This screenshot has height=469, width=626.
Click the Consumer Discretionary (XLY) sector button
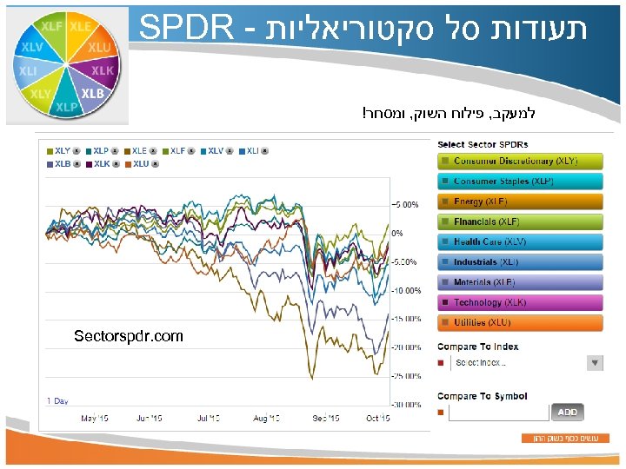pyautogui.click(x=519, y=162)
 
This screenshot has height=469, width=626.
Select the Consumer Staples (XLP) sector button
pyautogui.click(x=519, y=182)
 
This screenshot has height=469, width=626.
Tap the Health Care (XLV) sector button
pyautogui.click(x=519, y=242)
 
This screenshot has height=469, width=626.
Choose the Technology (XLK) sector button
pyautogui.click(x=519, y=303)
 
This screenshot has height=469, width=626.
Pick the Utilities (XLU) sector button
pyautogui.click(x=519, y=323)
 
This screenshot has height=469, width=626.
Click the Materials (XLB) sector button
pyautogui.click(x=519, y=282)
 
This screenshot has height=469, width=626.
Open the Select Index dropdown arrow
pyautogui.click(x=595, y=363)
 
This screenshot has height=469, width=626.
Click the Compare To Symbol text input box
pyautogui.click(x=498, y=413)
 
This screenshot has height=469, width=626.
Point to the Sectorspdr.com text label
pyautogui.click(x=129, y=336)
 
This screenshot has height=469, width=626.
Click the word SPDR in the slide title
pyautogui.click(x=187, y=28)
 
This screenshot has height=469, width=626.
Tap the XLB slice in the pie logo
pyautogui.click(x=92, y=93)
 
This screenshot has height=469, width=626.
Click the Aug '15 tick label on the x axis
pyautogui.click(x=266, y=418)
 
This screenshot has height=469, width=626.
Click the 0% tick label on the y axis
pyautogui.click(x=397, y=233)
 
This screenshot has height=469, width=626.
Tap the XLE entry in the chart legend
pyautogui.click(x=139, y=150)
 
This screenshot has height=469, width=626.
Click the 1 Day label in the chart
pyautogui.click(x=57, y=400)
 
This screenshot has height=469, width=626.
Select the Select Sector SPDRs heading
pyautogui.click(x=483, y=144)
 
